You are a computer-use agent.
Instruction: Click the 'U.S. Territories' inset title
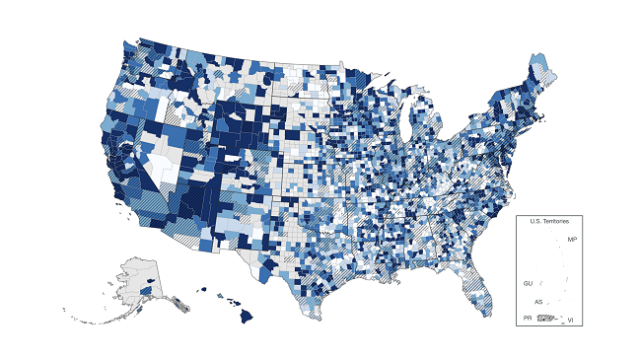click(549, 221)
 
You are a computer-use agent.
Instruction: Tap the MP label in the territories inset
click(572, 240)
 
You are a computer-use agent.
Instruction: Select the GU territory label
click(529, 283)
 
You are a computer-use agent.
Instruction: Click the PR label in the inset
click(528, 319)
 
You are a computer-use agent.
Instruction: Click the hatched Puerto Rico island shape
click(544, 318)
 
